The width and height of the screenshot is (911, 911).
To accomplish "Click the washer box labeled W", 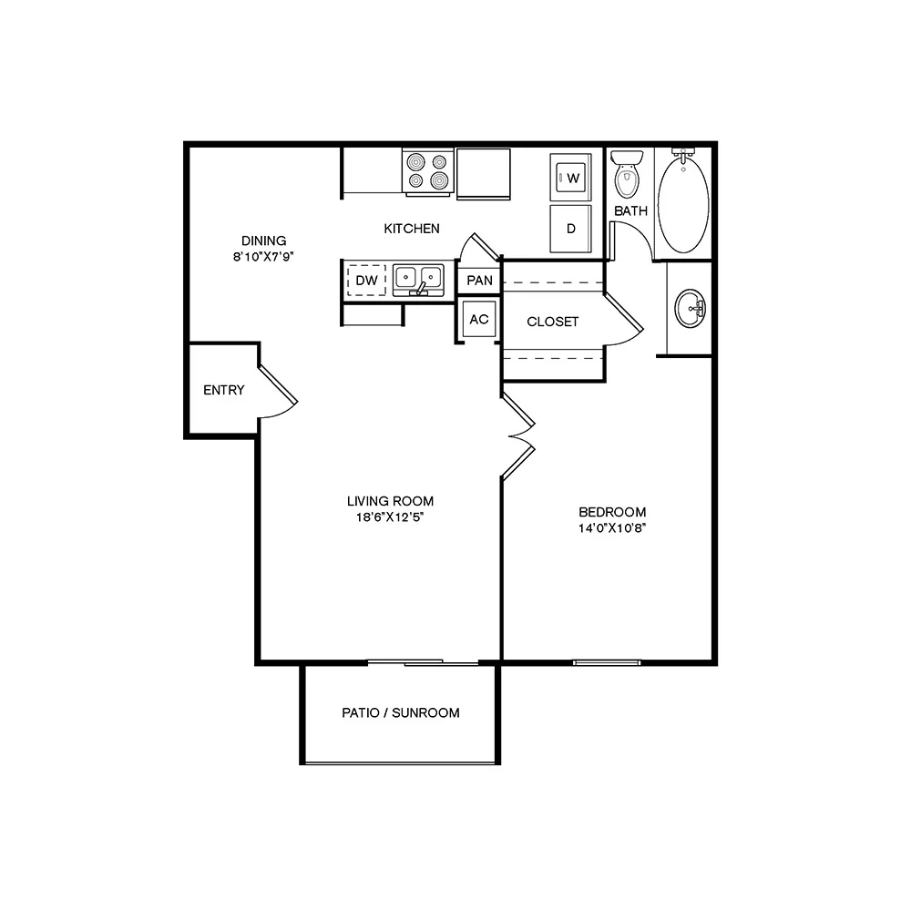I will coord(571,178).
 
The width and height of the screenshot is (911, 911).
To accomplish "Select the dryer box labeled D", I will coord(571,228).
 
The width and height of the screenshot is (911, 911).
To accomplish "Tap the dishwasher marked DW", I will coord(366,280).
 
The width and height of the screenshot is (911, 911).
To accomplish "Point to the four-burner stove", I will coord(428,171).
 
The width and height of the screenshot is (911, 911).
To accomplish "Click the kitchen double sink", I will coord(418,278).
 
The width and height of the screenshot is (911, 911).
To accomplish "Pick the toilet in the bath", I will coord(626,177).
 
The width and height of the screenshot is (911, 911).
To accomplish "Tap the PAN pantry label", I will coord(479,280).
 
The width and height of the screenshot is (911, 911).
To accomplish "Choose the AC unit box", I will coord(479,320).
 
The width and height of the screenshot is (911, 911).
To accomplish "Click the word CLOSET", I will coord(552,322).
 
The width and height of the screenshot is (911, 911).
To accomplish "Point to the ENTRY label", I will coord(223,390).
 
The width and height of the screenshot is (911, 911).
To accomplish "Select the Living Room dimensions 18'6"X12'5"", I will coord(390,517).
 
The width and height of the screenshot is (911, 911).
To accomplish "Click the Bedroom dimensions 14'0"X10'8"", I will coord(611,527).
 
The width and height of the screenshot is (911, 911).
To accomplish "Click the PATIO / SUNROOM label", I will coord(401,712).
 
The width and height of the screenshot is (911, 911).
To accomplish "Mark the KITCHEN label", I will coord(412,229).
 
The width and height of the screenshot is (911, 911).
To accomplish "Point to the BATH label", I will coord(630,210).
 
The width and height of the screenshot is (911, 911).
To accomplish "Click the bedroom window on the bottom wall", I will coord(608,661).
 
